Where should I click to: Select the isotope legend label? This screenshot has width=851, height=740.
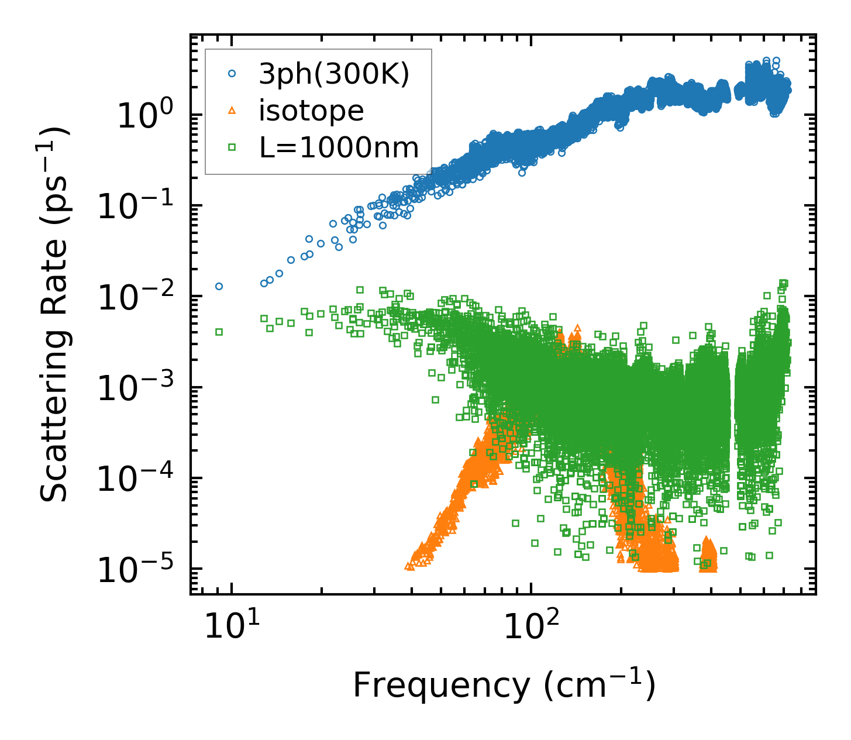point(311,111)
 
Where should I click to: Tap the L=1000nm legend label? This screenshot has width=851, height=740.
point(339,148)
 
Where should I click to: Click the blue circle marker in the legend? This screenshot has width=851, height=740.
point(232,74)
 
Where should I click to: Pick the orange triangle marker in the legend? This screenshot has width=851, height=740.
point(232,111)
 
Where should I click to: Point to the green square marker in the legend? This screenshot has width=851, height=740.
point(232,148)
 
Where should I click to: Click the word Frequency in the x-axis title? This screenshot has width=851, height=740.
point(445,686)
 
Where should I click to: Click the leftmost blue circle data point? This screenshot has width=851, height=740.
point(219,286)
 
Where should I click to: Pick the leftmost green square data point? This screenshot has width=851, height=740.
point(219,332)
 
